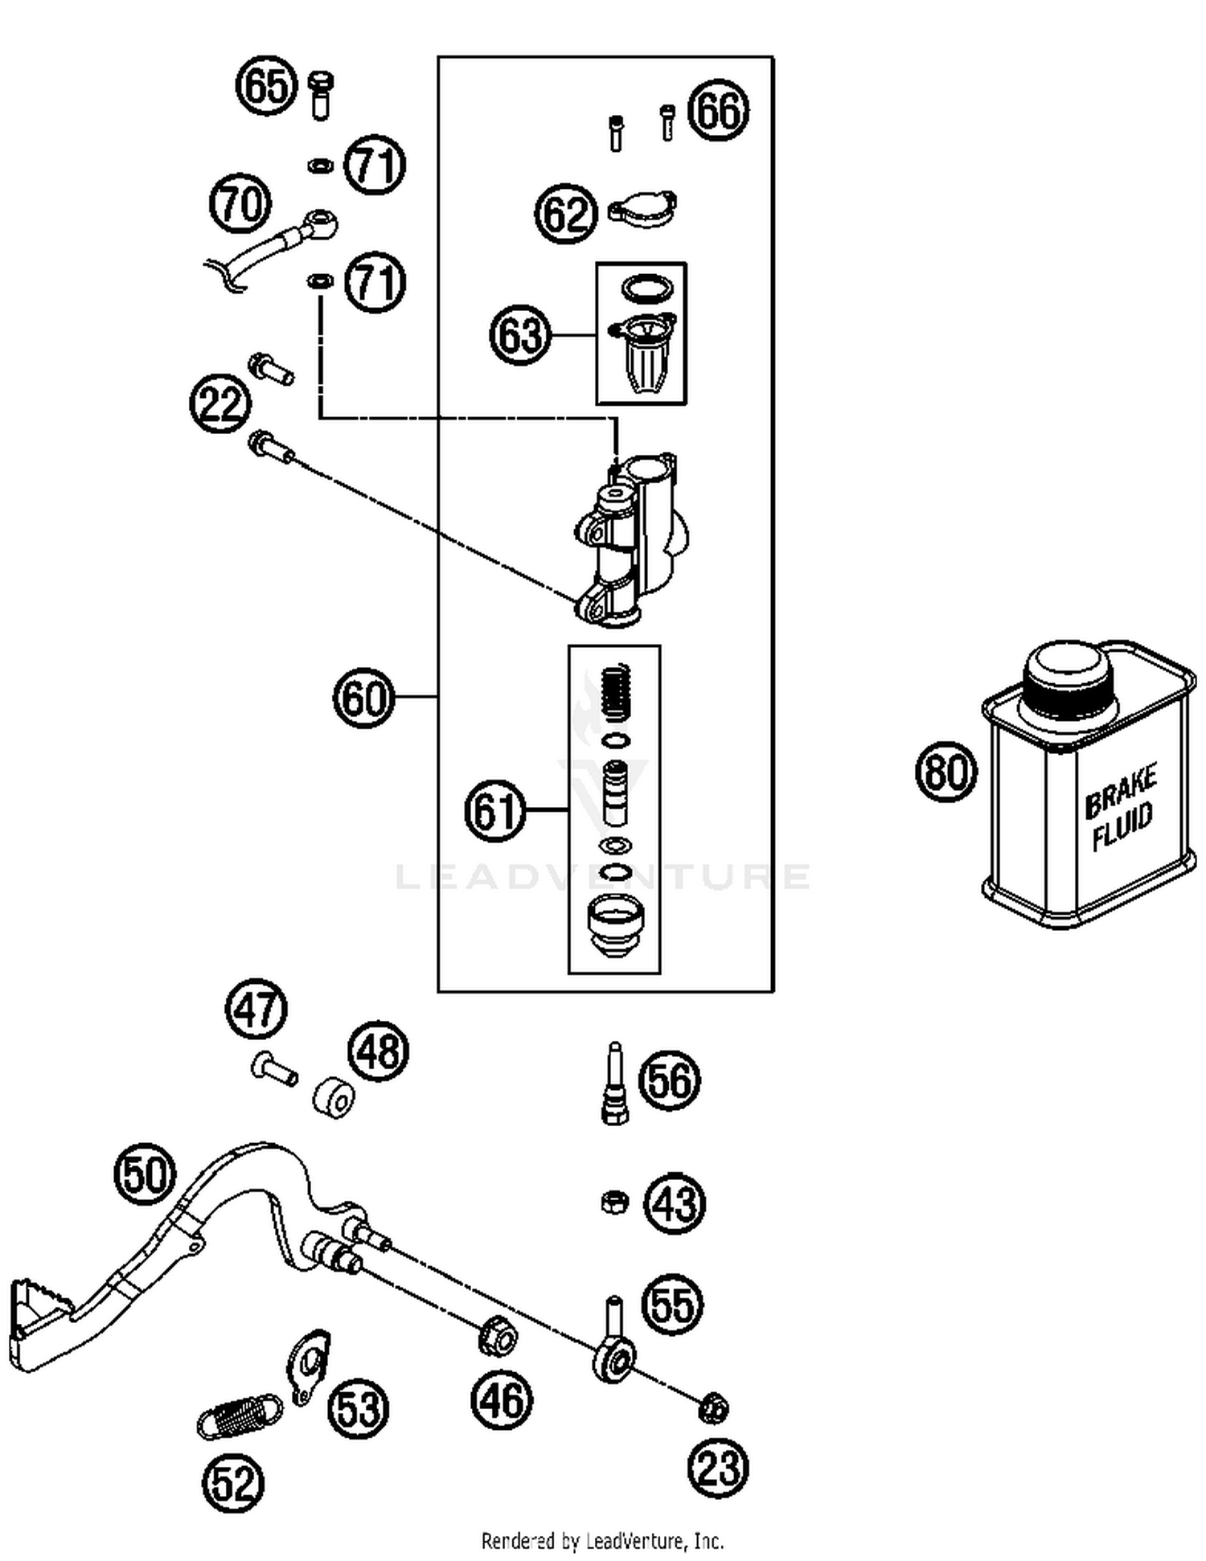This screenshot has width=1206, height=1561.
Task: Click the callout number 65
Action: pos(265,85)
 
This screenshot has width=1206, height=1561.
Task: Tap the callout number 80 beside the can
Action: pos(946,772)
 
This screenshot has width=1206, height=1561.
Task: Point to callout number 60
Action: pos(364,698)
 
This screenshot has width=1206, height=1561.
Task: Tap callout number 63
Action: pos(520,334)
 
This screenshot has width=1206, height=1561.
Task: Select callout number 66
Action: pos(719,111)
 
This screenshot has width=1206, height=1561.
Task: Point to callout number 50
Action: pos(144,1175)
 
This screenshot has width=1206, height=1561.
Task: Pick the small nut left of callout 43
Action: pos(615,1203)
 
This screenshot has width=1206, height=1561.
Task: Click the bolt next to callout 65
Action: pos(321,95)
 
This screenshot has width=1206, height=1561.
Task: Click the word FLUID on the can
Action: pos(1122,826)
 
